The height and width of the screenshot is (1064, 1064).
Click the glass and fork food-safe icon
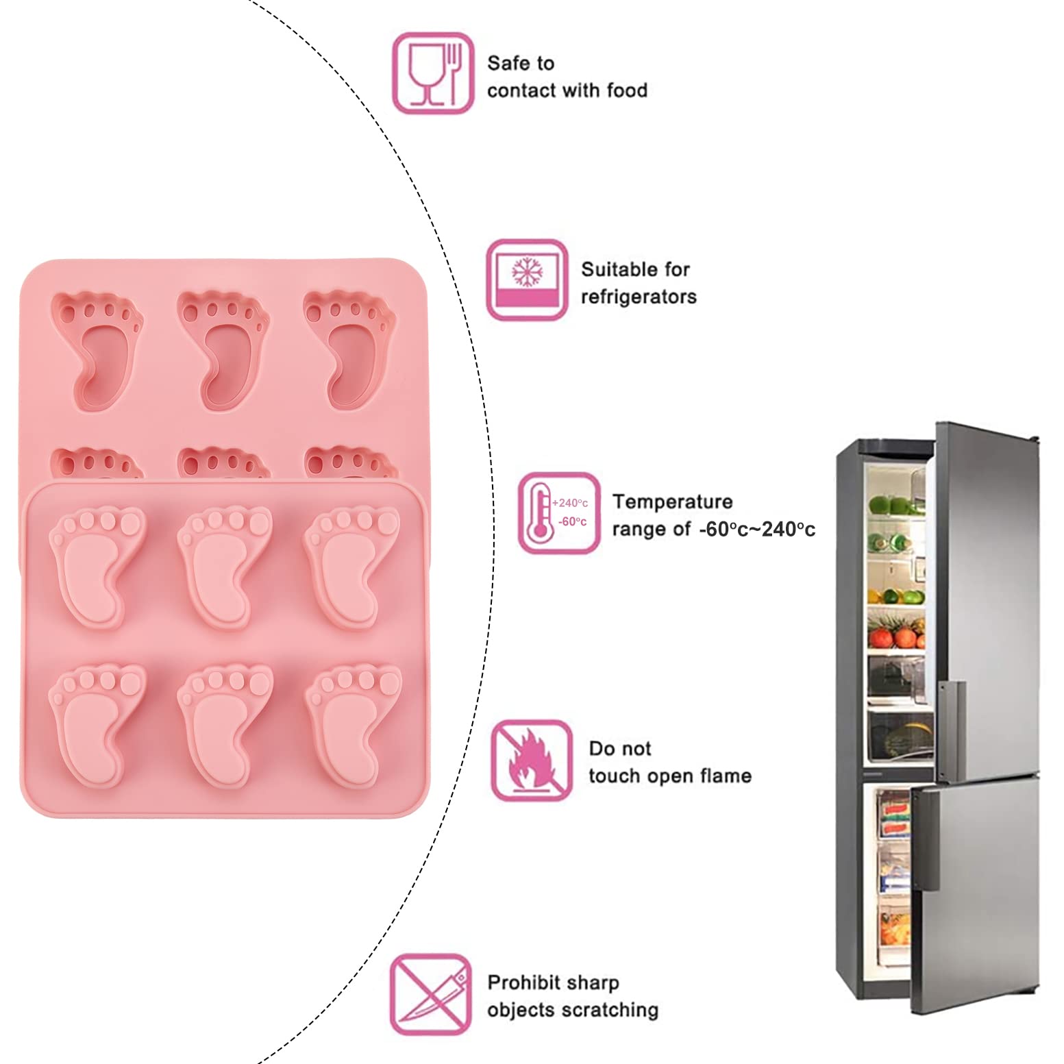433,73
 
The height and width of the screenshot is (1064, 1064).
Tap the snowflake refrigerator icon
527,280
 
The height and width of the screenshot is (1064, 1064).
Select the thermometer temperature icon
559,512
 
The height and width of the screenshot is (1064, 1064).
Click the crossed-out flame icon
532,760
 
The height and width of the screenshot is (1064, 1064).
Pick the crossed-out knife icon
431,995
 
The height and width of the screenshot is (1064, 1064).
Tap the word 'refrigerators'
639,297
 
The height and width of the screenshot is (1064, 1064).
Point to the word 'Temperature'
672,502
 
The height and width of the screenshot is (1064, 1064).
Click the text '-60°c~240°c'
757,529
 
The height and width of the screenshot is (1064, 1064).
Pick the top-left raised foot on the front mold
97,566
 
